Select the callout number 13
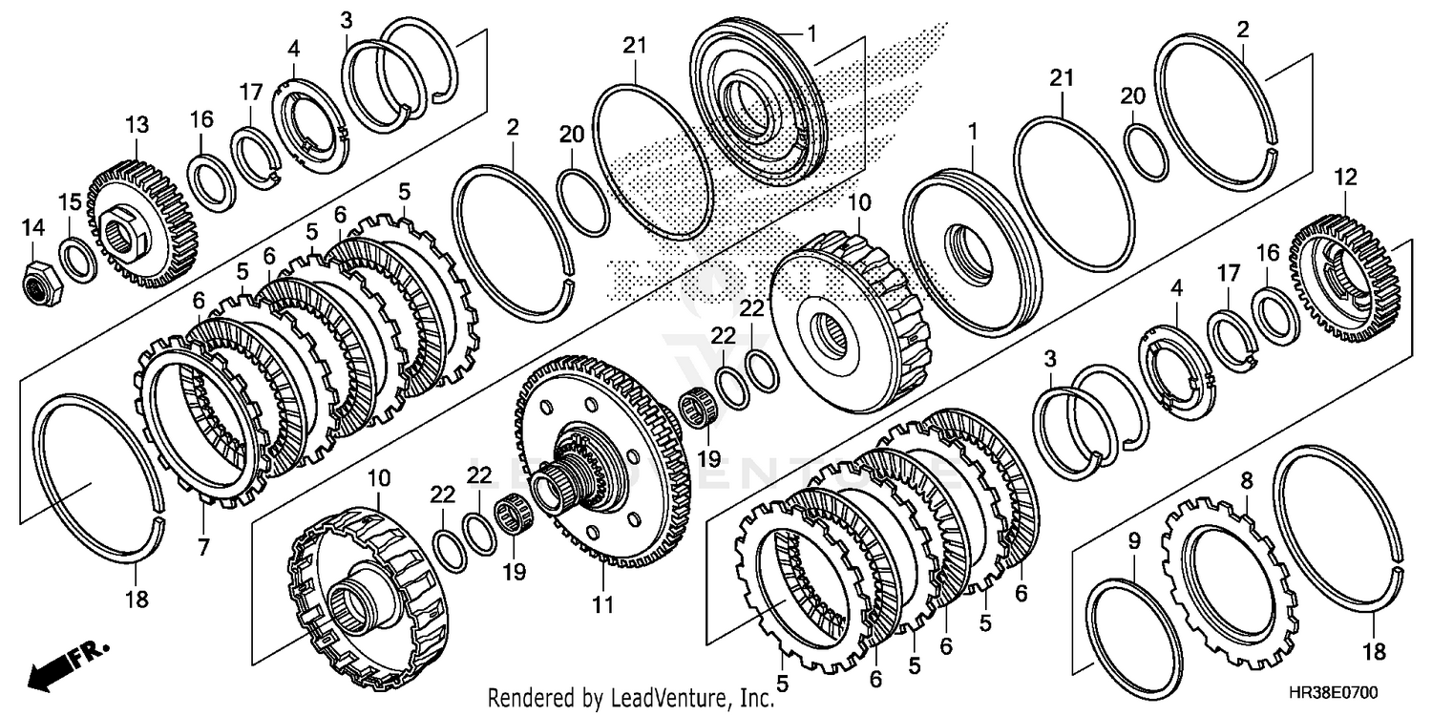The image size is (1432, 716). click(x=137, y=124)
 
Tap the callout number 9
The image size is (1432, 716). click(x=1134, y=541)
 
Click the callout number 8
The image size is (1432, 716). click(x=1245, y=482)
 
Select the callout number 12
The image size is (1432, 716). click(x=1346, y=178)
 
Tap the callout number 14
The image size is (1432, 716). click(x=33, y=227)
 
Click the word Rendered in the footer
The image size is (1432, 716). click(x=522, y=697)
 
